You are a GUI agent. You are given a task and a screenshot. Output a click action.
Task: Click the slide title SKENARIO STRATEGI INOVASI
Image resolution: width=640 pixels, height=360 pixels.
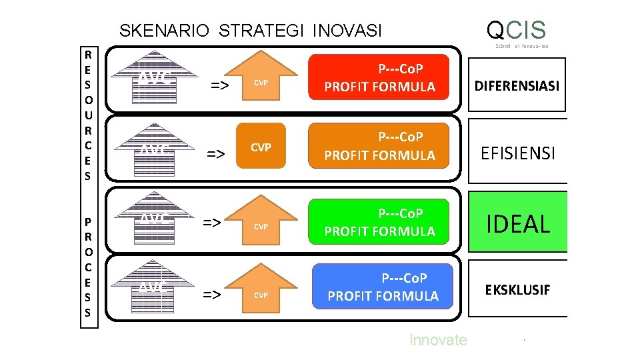250,31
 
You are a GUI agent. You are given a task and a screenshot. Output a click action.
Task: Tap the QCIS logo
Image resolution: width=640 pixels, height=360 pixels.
517,30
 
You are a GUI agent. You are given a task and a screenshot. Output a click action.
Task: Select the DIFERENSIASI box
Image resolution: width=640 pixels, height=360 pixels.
517,85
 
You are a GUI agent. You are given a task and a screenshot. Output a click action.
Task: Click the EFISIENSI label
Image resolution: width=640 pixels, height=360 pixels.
518,154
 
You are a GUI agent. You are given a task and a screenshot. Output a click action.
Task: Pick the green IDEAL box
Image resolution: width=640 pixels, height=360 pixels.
518,223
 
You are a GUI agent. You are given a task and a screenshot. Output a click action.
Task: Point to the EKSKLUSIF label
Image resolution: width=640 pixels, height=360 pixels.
517,290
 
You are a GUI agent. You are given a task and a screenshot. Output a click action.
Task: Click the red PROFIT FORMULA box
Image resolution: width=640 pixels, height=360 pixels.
379,78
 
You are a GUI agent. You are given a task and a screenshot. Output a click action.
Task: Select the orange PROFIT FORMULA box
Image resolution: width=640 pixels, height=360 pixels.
379,146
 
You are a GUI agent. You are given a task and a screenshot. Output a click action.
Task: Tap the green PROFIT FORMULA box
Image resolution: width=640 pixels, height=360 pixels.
379,223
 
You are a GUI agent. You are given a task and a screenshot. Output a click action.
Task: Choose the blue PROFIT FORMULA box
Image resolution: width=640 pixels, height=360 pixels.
383,287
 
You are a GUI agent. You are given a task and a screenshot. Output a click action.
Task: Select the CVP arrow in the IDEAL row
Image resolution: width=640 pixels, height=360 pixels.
261,223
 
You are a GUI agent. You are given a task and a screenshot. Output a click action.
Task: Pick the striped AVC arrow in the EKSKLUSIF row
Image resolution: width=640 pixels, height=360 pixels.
155,288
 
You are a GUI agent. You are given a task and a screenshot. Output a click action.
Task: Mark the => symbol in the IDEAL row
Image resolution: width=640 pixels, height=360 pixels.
213,222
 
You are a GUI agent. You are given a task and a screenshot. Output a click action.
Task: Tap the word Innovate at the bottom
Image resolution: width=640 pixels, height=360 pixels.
438,340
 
